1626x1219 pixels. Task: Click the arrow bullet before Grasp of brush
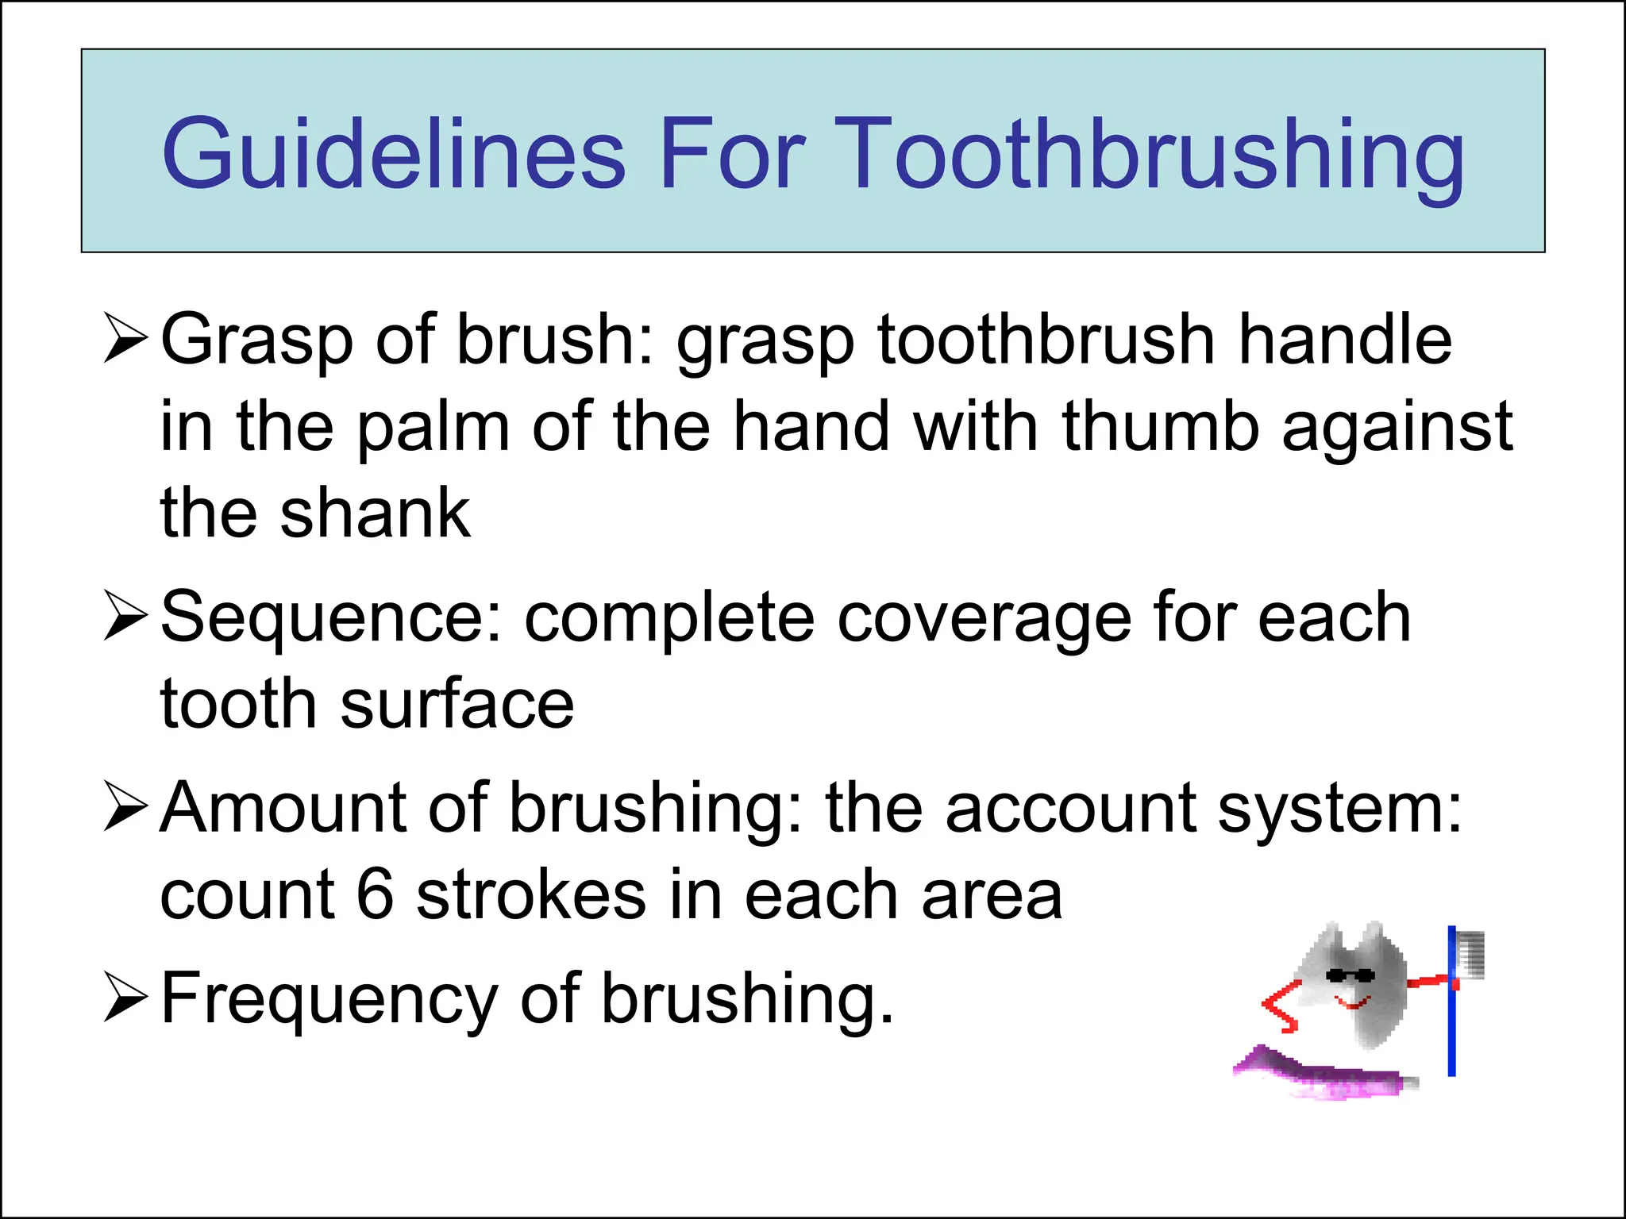pyautogui.click(x=125, y=339)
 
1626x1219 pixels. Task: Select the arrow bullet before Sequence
pyautogui.click(x=125, y=618)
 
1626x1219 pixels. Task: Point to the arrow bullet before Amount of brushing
pyautogui.click(x=125, y=809)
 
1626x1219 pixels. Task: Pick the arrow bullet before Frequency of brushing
pyautogui.click(x=125, y=999)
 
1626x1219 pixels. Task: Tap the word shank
pyautogui.click(x=375, y=513)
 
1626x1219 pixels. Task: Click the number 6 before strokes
pyautogui.click(x=375, y=895)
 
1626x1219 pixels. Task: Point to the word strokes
pyautogui.click(x=530, y=895)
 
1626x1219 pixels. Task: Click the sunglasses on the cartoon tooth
pyautogui.click(x=1351, y=975)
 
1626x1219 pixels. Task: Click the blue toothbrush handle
pyautogui.click(x=1451, y=1032)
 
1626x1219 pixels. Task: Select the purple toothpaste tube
pyautogui.click(x=1326, y=1075)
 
